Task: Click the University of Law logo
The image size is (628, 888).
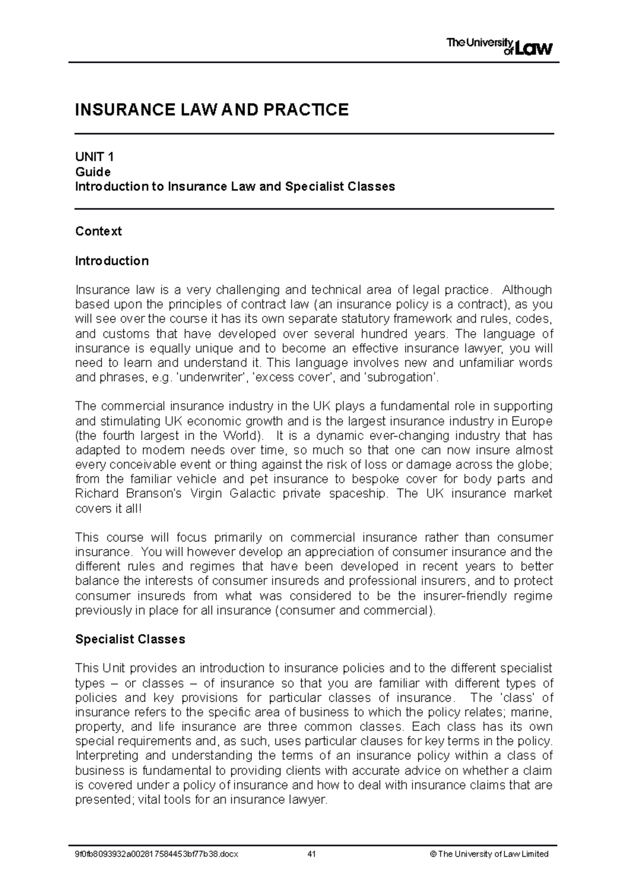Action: (499, 47)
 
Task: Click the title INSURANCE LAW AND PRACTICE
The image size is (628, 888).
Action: (211, 110)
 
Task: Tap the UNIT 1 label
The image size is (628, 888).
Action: (94, 157)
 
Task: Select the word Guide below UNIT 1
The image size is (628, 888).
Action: (93, 172)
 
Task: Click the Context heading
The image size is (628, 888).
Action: (98, 231)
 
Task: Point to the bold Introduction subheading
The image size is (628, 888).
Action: (111, 260)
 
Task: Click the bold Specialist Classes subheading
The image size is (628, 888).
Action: (130, 639)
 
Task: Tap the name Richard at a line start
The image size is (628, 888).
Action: (97, 494)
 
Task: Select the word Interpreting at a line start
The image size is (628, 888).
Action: (107, 756)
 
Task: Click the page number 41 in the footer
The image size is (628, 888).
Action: (312, 854)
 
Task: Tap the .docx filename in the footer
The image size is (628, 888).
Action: (156, 854)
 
